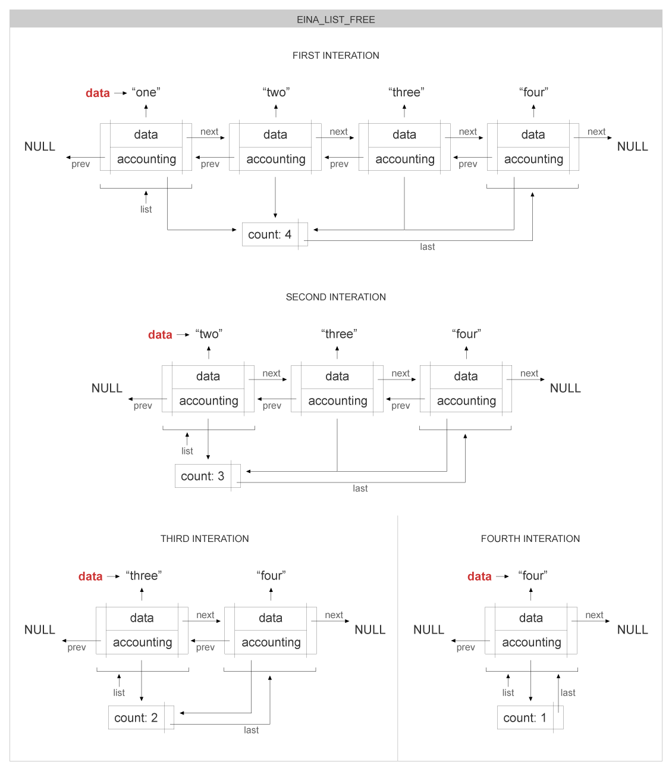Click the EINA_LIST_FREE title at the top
(x=335, y=20)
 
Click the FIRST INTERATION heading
(x=335, y=55)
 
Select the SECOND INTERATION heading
(x=335, y=297)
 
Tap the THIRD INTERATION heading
(x=205, y=538)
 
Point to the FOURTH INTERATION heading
(x=530, y=538)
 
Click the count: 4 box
(x=270, y=234)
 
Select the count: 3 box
(x=203, y=476)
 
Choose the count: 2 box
(x=136, y=717)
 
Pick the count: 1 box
(x=525, y=717)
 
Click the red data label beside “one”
(x=98, y=93)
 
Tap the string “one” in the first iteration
(x=146, y=92)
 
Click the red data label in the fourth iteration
(x=479, y=576)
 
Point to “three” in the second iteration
(x=339, y=334)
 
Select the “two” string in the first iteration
(x=276, y=92)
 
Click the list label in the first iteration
(x=146, y=209)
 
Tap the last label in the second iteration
(x=360, y=488)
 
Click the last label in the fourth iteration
(x=568, y=692)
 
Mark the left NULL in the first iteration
(x=40, y=146)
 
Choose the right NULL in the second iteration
(x=565, y=388)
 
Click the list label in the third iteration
(x=119, y=692)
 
